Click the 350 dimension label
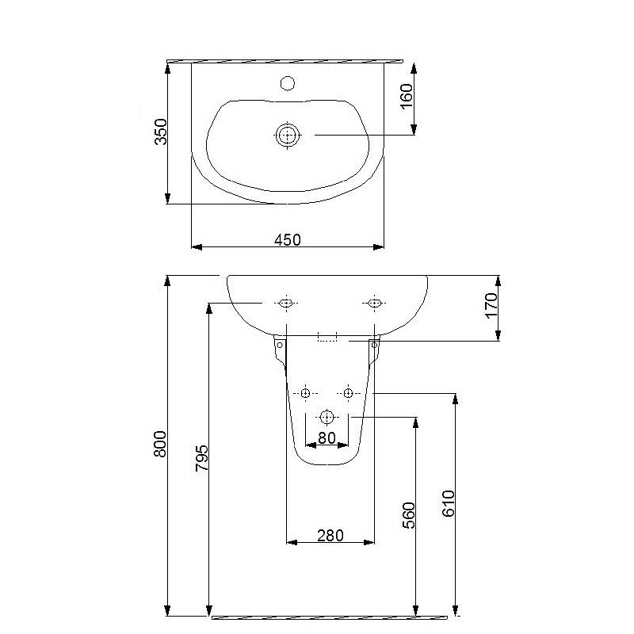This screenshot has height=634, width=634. click(x=161, y=132)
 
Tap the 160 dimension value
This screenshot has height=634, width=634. click(x=407, y=96)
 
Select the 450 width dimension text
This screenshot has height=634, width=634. click(x=288, y=240)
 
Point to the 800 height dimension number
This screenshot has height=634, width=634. click(x=160, y=444)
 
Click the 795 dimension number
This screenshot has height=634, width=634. click(x=201, y=458)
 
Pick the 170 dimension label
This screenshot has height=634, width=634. click(x=491, y=306)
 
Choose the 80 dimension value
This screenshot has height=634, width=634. click(x=327, y=437)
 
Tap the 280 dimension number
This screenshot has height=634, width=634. click(x=330, y=536)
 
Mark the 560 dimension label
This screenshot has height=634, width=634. click(x=409, y=515)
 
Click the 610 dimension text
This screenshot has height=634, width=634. click(x=449, y=503)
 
